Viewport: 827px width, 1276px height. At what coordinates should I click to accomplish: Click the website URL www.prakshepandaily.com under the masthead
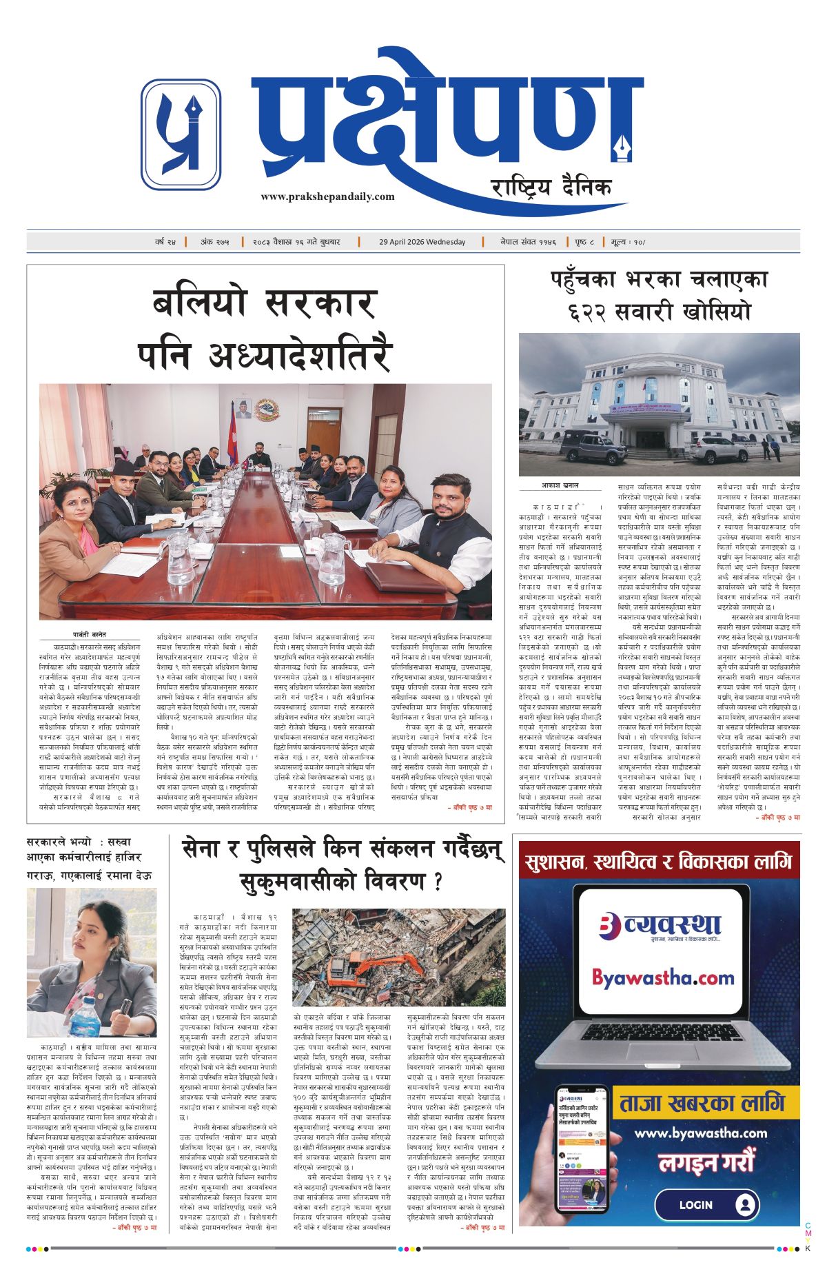pos(327,196)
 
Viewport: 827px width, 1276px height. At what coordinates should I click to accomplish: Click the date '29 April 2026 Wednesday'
pos(422,242)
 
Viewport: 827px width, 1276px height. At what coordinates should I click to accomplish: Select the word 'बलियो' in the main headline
pos(198,303)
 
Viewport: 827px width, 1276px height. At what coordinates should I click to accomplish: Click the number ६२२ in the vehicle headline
pos(594,312)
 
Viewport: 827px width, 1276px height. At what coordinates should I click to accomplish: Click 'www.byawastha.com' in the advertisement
pos(700,1133)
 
